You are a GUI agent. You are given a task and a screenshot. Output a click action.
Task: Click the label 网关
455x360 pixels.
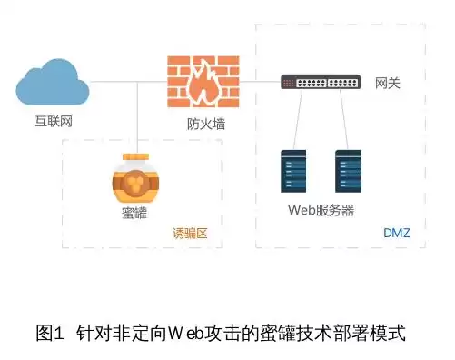(x=388, y=84)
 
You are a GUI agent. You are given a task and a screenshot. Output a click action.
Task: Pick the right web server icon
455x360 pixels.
(x=348, y=172)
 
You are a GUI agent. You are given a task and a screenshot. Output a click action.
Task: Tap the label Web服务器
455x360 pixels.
(x=321, y=210)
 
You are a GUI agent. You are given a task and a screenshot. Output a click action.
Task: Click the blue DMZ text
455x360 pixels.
(x=397, y=233)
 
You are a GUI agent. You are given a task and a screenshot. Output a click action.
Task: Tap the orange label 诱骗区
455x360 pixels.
(x=191, y=234)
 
